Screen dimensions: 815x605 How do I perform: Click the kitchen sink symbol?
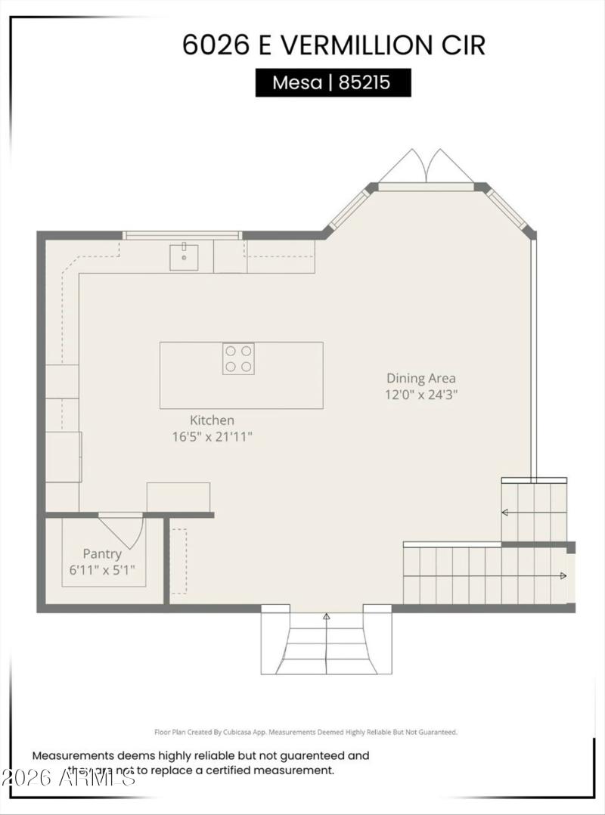[x=183, y=256]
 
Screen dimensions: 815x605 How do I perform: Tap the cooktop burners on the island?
[x=238, y=358]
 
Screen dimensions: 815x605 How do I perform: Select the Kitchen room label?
[x=212, y=420]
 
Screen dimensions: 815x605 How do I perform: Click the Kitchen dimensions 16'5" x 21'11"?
[x=212, y=436]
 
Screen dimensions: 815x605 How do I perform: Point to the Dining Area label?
[x=421, y=378]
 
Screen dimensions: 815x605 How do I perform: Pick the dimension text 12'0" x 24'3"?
[x=422, y=394]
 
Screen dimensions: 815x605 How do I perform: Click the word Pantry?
[x=102, y=554]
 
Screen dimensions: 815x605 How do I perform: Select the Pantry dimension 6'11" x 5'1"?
[x=102, y=570]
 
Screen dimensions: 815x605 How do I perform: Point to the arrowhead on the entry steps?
[x=327, y=617]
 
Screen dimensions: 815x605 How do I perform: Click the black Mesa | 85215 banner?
[x=333, y=82]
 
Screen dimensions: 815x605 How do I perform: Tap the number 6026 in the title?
[x=216, y=45]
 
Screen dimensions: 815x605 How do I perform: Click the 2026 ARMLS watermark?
[x=68, y=776]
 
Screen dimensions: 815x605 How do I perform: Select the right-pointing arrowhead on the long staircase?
[x=563, y=576]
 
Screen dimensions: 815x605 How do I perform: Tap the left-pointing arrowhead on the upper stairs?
[x=504, y=513]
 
